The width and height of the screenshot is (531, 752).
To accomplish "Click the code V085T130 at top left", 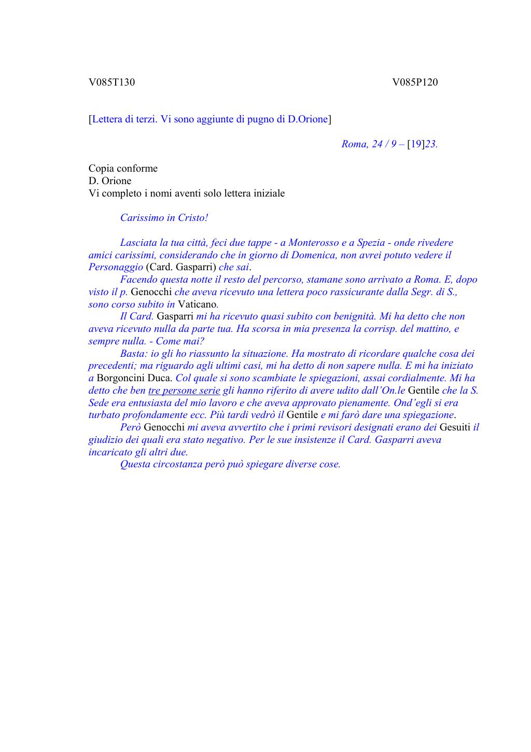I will [x=111, y=82].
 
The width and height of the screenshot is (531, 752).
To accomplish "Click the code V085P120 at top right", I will [x=415, y=82].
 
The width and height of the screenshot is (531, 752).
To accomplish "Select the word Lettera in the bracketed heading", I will [x=107, y=119].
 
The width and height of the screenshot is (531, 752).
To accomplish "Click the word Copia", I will [x=101, y=168].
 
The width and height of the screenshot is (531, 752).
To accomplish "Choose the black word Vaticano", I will [x=198, y=304].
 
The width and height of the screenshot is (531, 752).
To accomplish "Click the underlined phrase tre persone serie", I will [x=184, y=390].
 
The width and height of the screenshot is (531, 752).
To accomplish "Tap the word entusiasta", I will [x=138, y=402].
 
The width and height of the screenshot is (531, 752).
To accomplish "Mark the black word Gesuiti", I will [x=455, y=427].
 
